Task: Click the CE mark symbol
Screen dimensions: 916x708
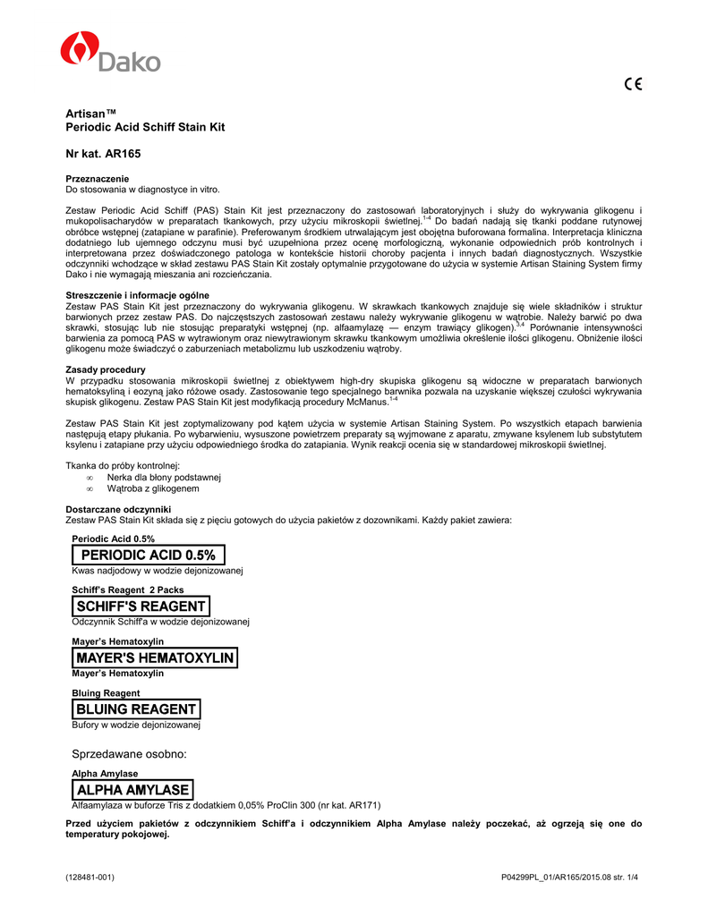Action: [x=633, y=85]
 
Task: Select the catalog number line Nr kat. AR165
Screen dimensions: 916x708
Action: [x=103, y=154]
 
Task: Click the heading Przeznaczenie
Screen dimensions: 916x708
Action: [x=98, y=179]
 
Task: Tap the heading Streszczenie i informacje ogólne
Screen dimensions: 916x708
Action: [x=138, y=295]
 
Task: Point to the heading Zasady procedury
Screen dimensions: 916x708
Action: [x=106, y=369]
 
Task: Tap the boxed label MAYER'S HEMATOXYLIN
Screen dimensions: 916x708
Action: [x=155, y=658]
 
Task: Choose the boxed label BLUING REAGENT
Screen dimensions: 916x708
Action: [x=135, y=709]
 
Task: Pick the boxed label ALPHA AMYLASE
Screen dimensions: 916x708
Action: [x=132, y=790]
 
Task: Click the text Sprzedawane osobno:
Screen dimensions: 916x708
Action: [x=129, y=754]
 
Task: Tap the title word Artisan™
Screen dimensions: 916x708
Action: [x=92, y=114]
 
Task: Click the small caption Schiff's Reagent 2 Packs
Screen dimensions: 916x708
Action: [x=128, y=590]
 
